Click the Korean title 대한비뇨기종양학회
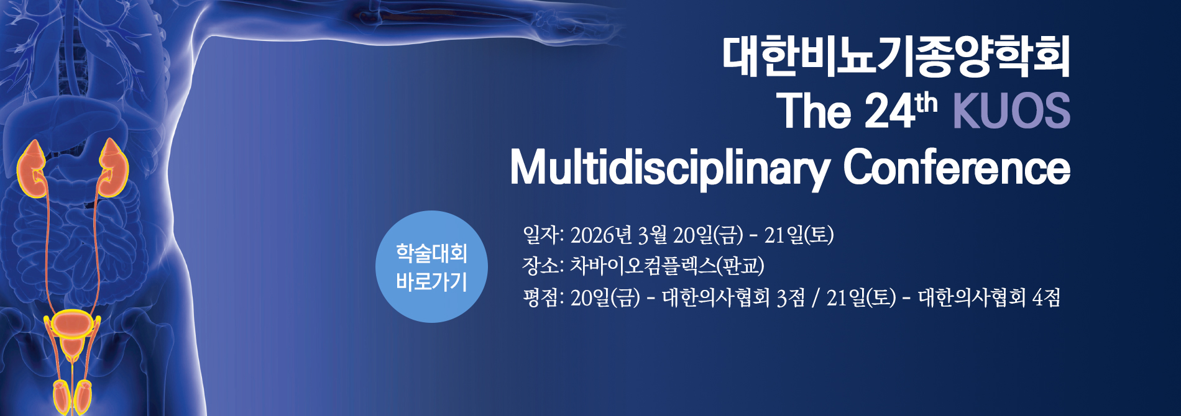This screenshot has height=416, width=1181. [896, 57]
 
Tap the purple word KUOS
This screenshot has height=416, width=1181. [1011, 112]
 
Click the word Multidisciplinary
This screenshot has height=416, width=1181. [669, 168]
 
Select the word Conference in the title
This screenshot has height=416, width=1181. [956, 168]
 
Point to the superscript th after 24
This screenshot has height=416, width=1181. [926, 103]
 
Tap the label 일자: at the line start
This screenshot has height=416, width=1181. [543, 235]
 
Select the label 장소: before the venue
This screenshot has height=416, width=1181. [543, 266]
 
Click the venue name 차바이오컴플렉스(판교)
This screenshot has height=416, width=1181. [667, 266]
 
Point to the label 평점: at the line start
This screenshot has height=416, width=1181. [543, 298]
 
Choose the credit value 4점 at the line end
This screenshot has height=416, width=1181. [1046, 298]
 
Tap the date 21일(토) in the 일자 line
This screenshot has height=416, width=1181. [799, 235]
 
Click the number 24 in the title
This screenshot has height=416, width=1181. [889, 112]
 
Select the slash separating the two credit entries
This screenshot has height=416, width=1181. [815, 298]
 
